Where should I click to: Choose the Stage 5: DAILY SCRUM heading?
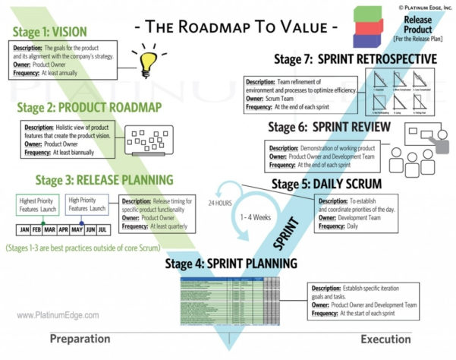[327, 185]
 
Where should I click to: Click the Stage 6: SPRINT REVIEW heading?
[329, 127]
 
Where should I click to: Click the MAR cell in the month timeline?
[50, 229]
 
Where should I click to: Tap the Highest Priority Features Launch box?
[37, 204]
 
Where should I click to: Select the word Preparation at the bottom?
[85, 339]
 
